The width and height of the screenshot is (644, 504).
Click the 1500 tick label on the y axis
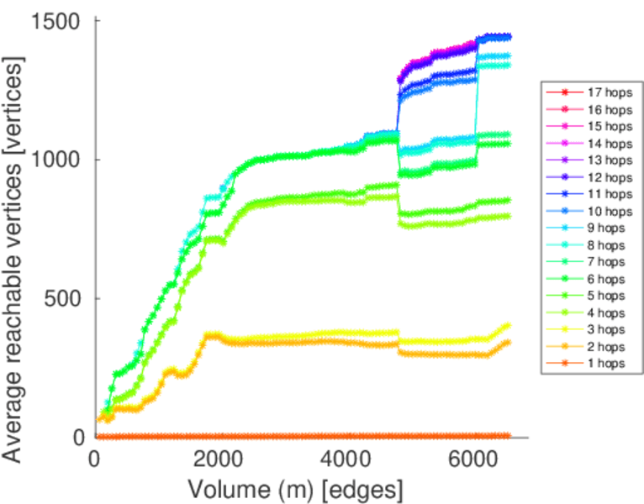(x=58, y=20)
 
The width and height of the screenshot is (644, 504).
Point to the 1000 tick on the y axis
(x=58, y=160)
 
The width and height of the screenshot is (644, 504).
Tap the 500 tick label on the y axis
(x=65, y=298)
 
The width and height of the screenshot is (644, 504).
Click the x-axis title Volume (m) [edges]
(x=295, y=488)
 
